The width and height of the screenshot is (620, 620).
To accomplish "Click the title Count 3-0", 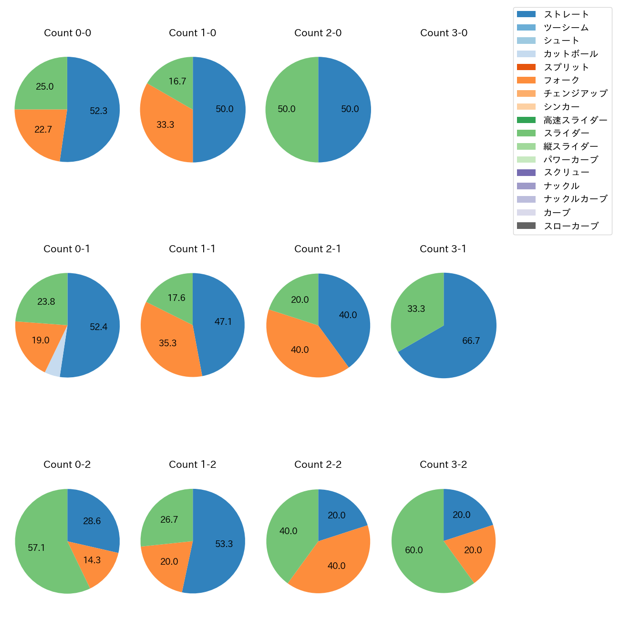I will [x=444, y=33].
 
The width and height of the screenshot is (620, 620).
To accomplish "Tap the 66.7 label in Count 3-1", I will [x=471, y=341].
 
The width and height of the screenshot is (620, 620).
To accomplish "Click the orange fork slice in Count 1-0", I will [x=165, y=125].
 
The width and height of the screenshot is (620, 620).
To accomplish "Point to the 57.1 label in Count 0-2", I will [x=36, y=548].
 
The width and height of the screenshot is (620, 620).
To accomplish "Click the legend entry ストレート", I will [x=566, y=14].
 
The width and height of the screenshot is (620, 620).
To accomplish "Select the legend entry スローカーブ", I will [x=571, y=226].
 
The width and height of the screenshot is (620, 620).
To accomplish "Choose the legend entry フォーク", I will [x=561, y=80].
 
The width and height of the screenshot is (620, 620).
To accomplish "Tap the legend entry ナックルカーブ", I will [x=575, y=199].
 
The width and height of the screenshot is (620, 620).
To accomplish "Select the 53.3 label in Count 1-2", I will [x=224, y=544].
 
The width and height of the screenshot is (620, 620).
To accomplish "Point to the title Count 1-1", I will [x=192, y=249].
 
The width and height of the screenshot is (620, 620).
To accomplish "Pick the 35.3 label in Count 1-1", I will [x=168, y=343].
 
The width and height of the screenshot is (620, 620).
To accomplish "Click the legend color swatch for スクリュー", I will [x=526, y=173].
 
